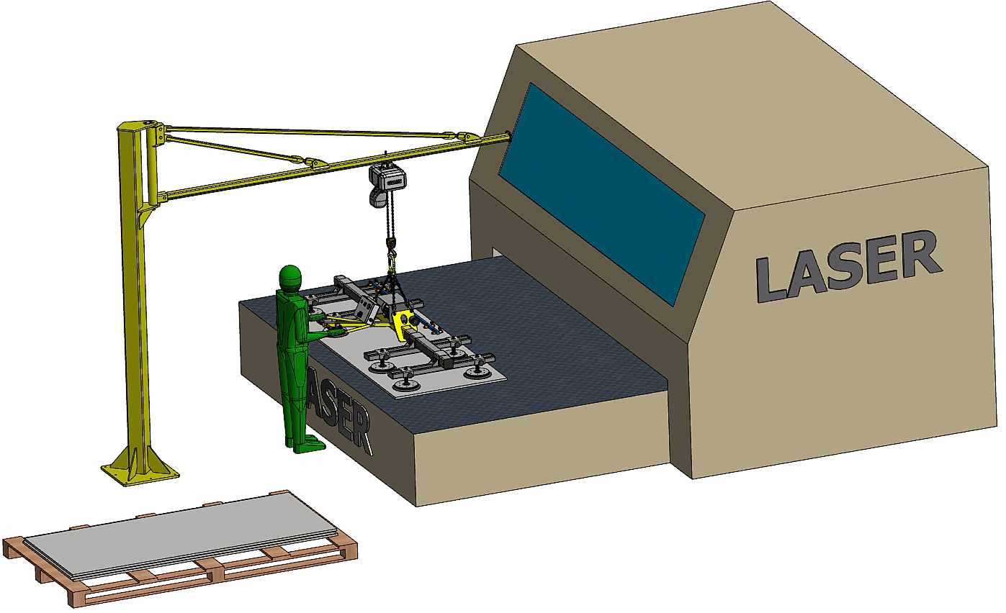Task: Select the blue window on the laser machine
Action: click(602, 194)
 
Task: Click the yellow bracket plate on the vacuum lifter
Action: click(404, 322)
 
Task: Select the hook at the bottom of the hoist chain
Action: click(392, 260)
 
